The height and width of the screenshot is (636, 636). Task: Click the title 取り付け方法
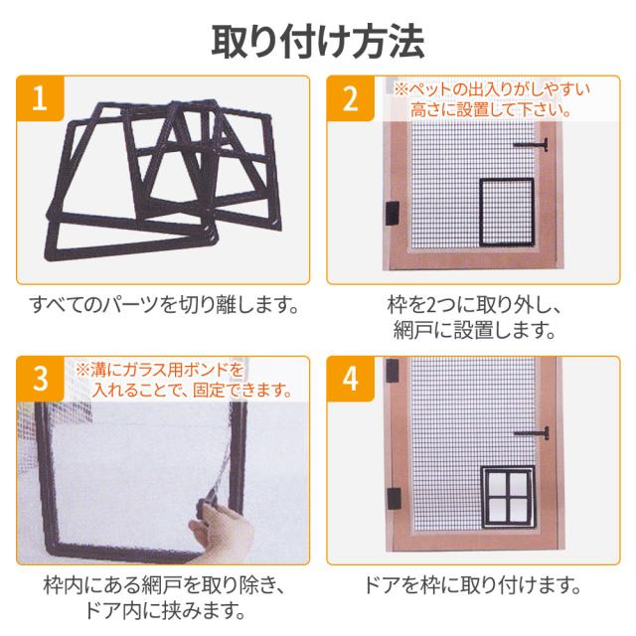point(318,42)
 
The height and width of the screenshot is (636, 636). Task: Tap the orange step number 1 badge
point(40,98)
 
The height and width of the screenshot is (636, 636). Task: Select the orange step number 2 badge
point(351,98)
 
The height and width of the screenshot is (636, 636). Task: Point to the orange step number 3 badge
point(40,379)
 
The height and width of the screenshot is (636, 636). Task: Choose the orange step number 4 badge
point(351,379)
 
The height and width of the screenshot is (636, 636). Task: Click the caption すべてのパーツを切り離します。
point(164,305)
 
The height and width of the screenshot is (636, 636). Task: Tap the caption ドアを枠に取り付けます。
point(473,585)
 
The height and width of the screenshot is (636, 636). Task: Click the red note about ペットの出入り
point(492,99)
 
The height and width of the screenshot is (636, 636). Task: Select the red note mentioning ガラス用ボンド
point(184,380)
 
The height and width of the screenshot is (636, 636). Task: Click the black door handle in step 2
point(532,144)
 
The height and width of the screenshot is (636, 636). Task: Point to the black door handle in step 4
point(532,433)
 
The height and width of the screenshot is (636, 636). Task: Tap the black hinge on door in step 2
point(392,214)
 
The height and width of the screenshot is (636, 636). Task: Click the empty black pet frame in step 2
point(480,212)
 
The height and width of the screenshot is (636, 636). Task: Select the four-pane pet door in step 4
point(508,497)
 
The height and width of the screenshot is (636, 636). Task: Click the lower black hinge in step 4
point(394,499)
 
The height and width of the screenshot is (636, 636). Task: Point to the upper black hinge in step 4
point(392,370)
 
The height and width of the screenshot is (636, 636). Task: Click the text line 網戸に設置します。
point(474,330)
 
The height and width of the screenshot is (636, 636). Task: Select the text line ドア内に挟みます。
point(165,610)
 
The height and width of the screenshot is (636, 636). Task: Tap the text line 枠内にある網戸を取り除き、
point(165,585)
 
